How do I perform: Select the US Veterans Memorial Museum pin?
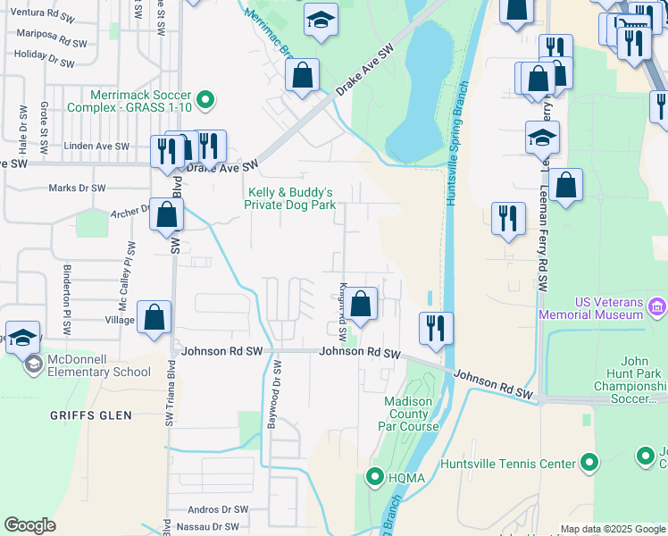[x=657, y=308]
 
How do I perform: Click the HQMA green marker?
[x=376, y=477]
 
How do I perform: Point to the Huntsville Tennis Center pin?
[x=589, y=463]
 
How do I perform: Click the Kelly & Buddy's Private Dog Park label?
[x=290, y=198]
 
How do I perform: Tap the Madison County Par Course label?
[x=411, y=414]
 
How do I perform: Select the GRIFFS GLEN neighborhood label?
[x=91, y=415]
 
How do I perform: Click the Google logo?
[x=30, y=525]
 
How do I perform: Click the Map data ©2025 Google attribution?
[x=612, y=529]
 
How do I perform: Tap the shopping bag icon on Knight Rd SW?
[x=361, y=304]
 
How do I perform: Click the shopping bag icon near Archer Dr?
[x=167, y=214]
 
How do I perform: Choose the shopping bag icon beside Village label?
[x=154, y=316]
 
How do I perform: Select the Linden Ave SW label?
[x=99, y=146]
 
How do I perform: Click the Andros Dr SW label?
[x=217, y=509]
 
